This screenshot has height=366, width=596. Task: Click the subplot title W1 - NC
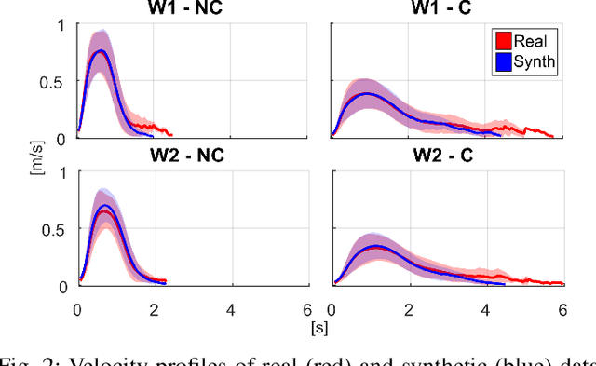[x=192, y=10]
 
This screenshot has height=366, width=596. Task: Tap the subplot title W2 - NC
[x=192, y=155]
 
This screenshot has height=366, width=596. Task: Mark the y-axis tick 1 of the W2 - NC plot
[x=63, y=172]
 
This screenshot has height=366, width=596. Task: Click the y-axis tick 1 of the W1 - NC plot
[x=63, y=25]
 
